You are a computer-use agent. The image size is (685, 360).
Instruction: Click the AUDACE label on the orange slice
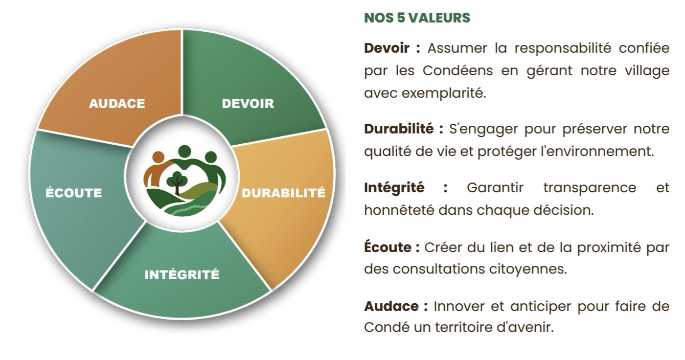(x=117, y=104)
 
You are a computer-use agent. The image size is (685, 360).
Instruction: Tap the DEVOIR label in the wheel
(x=248, y=104)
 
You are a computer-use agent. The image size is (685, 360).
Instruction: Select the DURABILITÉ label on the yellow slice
(x=283, y=193)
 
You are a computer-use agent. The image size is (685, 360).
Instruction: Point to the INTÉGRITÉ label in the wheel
(x=182, y=275)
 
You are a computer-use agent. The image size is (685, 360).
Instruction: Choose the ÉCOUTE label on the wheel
(x=74, y=193)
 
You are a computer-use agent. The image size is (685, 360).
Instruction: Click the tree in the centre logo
(x=177, y=182)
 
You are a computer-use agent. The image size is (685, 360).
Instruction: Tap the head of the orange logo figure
(x=158, y=156)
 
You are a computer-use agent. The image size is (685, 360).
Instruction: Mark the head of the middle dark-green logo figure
(x=184, y=151)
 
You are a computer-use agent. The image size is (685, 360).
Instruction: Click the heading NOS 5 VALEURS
(x=417, y=18)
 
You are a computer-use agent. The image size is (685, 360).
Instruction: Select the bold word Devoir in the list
(x=386, y=49)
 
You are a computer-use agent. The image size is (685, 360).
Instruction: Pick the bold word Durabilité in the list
(x=399, y=129)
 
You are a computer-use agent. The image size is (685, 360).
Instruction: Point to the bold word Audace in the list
(x=391, y=306)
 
